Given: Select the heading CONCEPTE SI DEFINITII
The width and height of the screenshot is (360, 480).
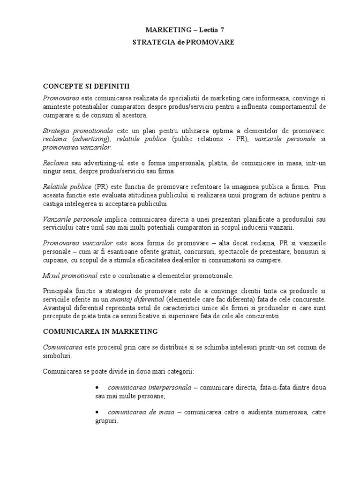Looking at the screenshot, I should tap(86, 86).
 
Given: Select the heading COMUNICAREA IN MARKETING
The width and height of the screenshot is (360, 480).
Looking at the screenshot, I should tap(100, 331).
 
